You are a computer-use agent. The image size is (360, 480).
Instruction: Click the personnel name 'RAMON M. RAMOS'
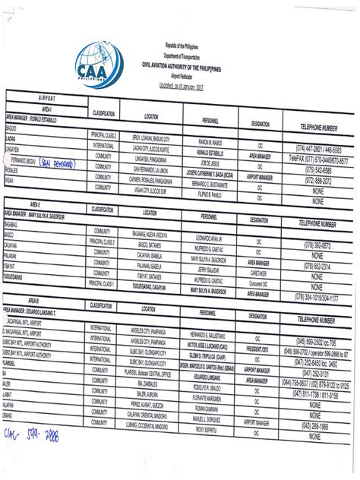(214, 142)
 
